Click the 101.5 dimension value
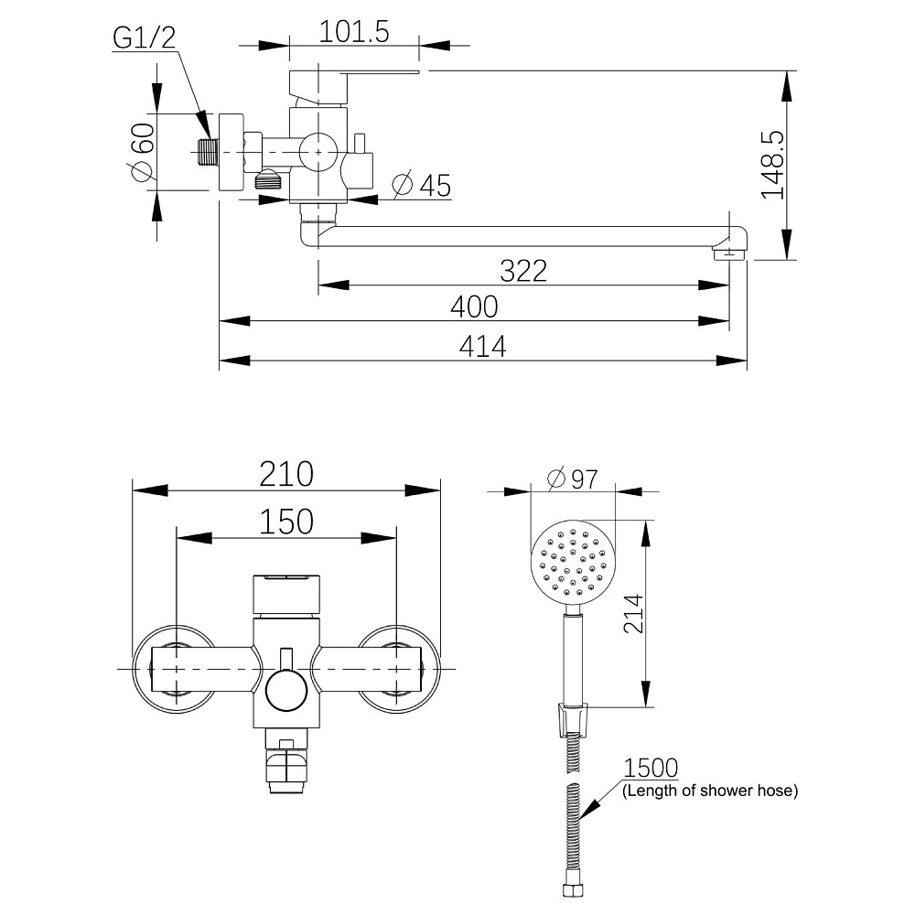[x=354, y=32]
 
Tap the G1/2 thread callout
[x=144, y=38]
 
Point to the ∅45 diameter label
[x=421, y=185]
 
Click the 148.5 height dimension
[x=773, y=165]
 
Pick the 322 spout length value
[x=523, y=271]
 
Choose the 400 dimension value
[x=474, y=307]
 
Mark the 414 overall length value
[x=482, y=346]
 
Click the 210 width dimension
[x=285, y=474]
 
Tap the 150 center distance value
[x=285, y=522]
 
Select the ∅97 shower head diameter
[x=572, y=478]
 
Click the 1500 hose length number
[x=651, y=767]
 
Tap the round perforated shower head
[x=573, y=562]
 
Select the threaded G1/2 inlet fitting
[x=209, y=152]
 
